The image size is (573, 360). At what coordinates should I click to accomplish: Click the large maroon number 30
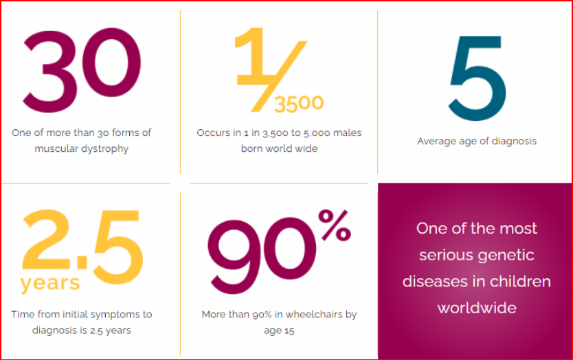point(82,70)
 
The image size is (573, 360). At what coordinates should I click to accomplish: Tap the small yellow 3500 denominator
point(299,104)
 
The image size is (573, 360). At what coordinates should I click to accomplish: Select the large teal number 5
point(477,78)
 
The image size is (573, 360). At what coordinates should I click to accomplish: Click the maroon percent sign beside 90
point(335,225)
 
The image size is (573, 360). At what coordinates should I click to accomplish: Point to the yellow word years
point(50,284)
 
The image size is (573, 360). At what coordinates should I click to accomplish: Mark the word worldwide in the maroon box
point(477,308)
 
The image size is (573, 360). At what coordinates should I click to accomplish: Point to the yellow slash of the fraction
point(278,76)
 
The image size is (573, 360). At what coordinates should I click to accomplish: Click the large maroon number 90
point(262,256)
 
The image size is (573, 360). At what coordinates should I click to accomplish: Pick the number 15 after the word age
point(289,330)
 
